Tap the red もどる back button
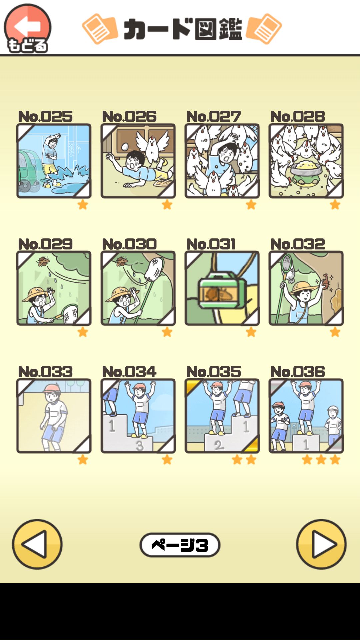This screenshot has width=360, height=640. (x=27, y=29)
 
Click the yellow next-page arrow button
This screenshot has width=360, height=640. (x=321, y=544)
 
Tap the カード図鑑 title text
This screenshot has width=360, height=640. (x=183, y=29)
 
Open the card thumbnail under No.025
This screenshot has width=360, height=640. (x=54, y=161)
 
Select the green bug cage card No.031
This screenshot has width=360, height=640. (x=222, y=288)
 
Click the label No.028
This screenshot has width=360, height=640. (x=297, y=117)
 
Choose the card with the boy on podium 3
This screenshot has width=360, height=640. (x=138, y=416)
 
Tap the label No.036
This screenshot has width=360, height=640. (x=297, y=372)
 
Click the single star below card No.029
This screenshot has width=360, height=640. (x=83, y=332)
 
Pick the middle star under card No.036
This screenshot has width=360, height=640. (x=321, y=460)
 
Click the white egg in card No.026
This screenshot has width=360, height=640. (x=125, y=146)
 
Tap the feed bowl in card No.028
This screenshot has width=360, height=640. (x=306, y=167)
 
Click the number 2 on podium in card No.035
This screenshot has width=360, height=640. (x=218, y=445)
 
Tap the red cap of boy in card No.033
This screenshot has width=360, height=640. (x=51, y=388)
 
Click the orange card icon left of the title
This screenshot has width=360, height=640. (x=99, y=29)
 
